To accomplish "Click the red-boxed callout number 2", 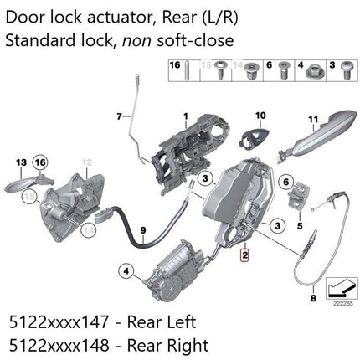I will click(x=244, y=259).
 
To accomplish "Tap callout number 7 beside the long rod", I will click(x=121, y=115).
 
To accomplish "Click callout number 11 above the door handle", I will click(x=315, y=120).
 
